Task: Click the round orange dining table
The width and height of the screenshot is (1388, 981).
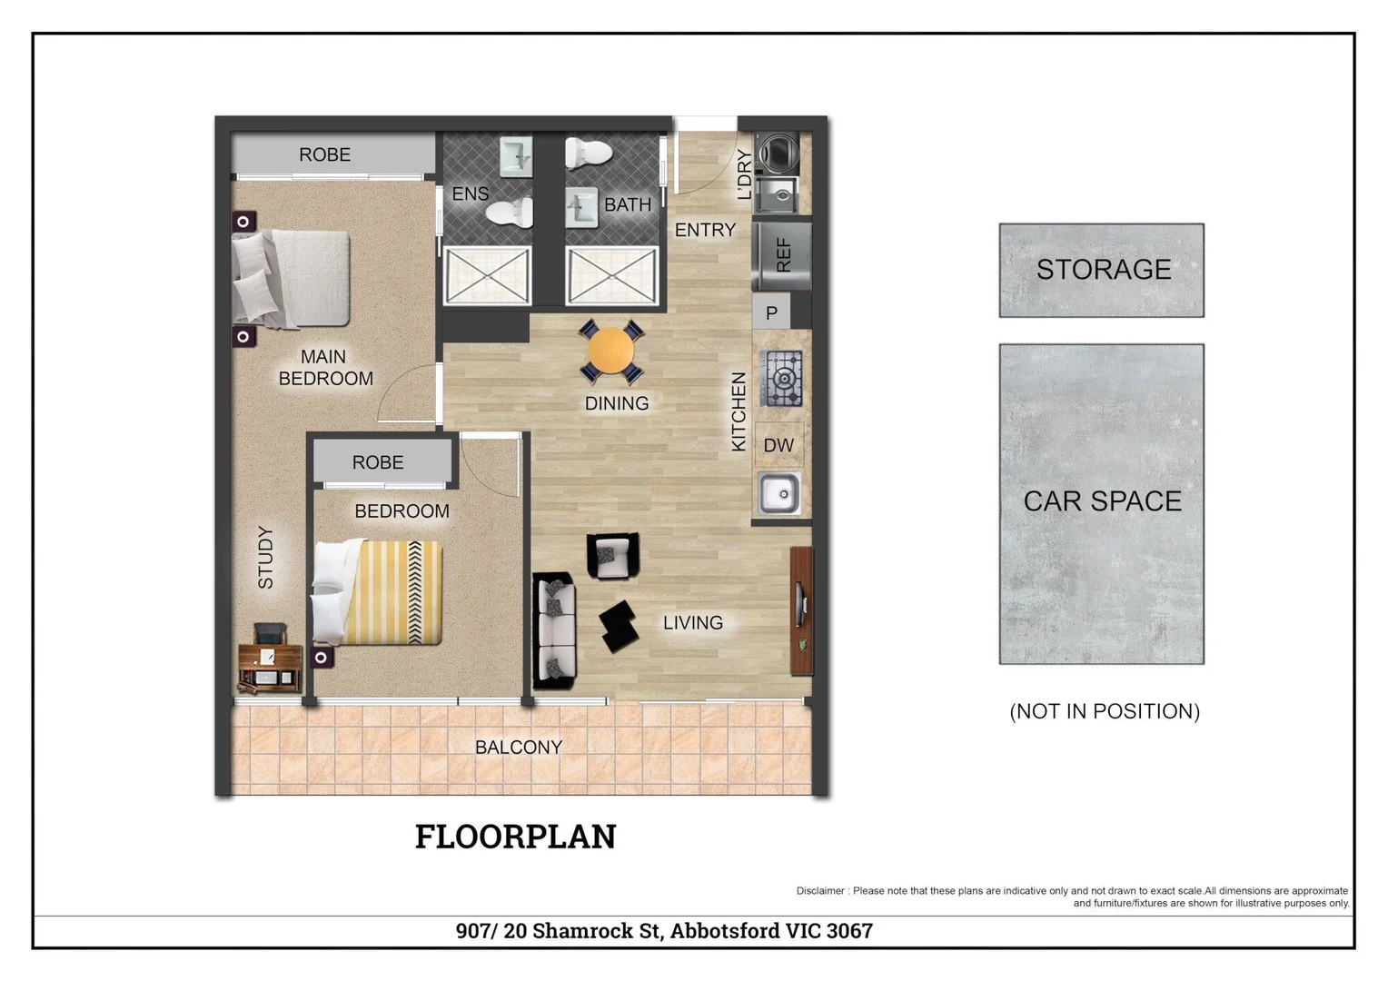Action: click(x=610, y=351)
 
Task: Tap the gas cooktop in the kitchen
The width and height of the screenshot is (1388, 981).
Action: click(x=782, y=378)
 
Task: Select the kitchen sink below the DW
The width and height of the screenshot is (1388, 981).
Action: click(x=779, y=494)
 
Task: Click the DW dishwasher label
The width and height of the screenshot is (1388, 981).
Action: click(x=778, y=445)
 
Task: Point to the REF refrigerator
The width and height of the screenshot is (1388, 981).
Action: click(x=782, y=255)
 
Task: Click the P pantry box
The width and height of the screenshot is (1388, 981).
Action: click(x=771, y=313)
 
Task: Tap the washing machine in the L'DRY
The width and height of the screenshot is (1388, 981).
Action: click(x=778, y=151)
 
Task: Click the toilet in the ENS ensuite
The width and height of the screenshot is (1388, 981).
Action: click(x=510, y=213)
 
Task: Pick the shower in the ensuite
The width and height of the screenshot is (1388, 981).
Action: click(x=487, y=275)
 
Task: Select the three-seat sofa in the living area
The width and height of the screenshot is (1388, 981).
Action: click(x=555, y=629)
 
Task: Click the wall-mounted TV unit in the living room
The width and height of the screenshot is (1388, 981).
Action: click(x=800, y=609)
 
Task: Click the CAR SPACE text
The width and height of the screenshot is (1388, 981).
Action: click(x=1102, y=501)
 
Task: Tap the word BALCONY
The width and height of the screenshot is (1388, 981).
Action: click(x=519, y=748)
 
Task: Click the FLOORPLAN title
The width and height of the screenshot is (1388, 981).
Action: click(x=515, y=837)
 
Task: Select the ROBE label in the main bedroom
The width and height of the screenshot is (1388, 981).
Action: click(x=324, y=155)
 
